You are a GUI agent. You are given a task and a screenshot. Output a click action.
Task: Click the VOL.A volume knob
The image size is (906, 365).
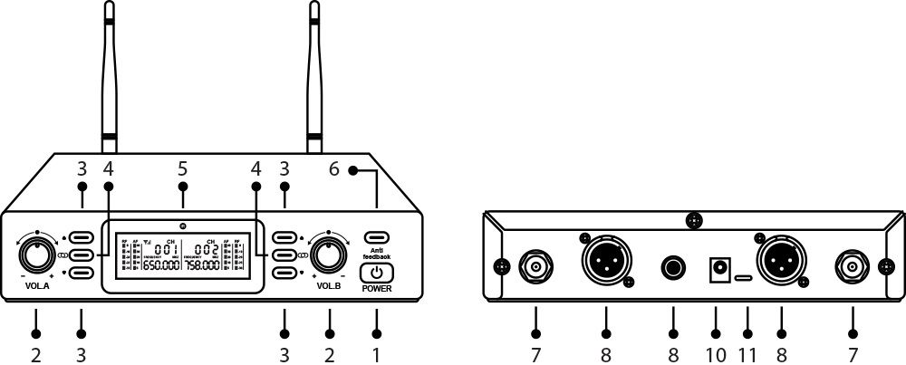[x=36, y=255]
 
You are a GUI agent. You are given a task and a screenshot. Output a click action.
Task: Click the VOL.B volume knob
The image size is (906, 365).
[x=329, y=255]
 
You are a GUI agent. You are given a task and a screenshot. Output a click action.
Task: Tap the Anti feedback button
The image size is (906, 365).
[x=377, y=238]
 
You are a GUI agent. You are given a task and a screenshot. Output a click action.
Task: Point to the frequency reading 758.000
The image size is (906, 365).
[x=206, y=266]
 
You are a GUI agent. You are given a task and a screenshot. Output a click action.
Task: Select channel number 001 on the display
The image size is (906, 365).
[x=165, y=249]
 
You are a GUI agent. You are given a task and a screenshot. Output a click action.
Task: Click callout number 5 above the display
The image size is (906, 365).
[x=183, y=168]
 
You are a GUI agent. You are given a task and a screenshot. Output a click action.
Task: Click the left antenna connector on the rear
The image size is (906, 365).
[x=536, y=266]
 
